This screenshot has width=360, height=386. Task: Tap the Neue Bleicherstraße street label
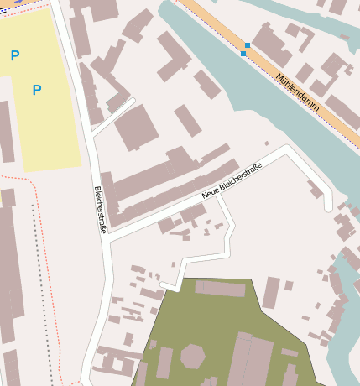pyautogui.click(x=232, y=180)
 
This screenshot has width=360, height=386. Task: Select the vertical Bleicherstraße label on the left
pyautogui.click(x=100, y=209)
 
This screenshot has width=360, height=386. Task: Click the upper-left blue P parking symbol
pyautogui.click(x=14, y=56)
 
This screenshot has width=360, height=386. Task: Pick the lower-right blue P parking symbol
pyautogui.click(x=36, y=90)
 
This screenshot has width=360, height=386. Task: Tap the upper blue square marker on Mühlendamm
pyautogui.click(x=247, y=45)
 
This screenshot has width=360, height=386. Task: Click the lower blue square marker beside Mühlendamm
pyautogui.click(x=243, y=54)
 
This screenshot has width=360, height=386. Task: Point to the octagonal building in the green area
pyautogui.click(x=192, y=356)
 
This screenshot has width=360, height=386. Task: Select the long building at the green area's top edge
pyautogui.click(x=221, y=289)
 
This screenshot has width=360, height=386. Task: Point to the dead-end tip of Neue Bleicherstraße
pyautogui.click(x=329, y=206)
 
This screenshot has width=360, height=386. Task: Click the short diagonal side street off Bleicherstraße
pyautogui.click(x=114, y=117)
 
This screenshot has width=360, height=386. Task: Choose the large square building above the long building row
pyautogui.click(x=136, y=128)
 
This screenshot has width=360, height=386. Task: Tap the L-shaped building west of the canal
pyautogui.click(x=174, y=55)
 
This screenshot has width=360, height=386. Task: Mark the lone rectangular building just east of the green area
pyautogui.click(x=270, y=293)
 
